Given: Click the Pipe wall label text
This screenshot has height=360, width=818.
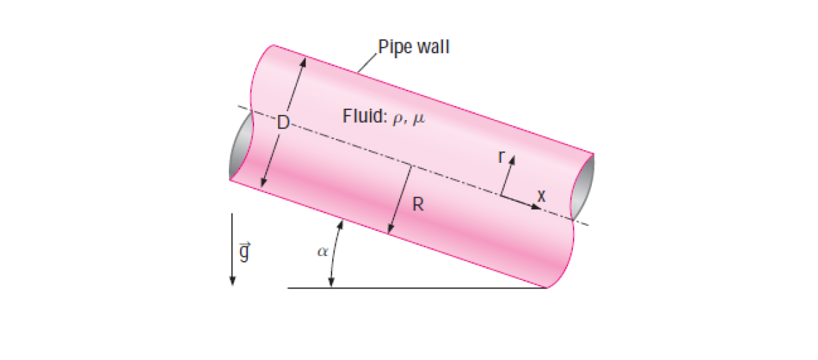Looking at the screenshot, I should [414, 48].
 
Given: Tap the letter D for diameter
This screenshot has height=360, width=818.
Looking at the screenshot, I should [282, 123].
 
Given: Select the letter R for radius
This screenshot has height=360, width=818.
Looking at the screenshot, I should [418, 206].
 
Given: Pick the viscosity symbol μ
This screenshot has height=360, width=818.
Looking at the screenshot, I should [419, 118].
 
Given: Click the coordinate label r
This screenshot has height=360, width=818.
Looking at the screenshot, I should [501, 156].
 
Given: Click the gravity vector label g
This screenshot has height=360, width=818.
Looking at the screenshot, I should [244, 251].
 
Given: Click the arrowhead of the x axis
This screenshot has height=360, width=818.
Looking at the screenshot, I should [536, 208].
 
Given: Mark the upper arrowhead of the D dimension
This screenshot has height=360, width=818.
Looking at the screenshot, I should [304, 60].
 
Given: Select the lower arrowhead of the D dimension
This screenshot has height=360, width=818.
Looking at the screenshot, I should [262, 183].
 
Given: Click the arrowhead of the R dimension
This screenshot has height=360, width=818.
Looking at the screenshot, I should [389, 229].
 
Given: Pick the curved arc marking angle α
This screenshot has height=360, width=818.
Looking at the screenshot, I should [334, 253].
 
